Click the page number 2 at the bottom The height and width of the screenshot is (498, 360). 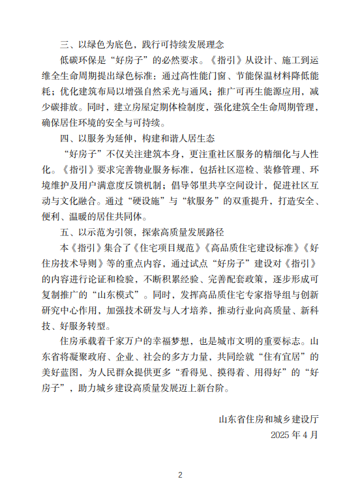[x=180, y=475]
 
